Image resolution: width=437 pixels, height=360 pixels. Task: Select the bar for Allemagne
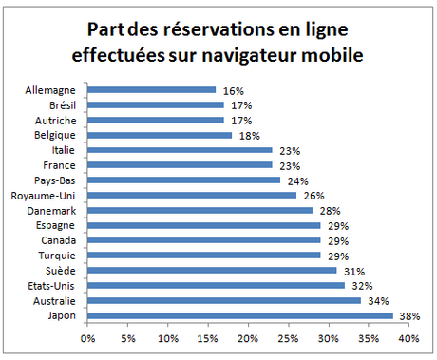(151, 90)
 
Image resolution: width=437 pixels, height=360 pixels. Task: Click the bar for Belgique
(160, 135)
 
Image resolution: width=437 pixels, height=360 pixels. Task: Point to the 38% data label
(408, 315)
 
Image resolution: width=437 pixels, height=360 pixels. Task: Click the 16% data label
(232, 90)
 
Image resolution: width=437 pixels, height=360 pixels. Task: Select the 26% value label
(312, 195)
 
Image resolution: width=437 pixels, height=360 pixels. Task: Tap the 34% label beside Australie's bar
(376, 300)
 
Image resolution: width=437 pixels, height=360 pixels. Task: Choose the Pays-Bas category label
(60, 180)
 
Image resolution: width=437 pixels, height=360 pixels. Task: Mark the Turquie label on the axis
(63, 255)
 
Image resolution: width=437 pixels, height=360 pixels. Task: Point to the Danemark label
(57, 210)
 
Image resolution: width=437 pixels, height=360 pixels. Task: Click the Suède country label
(66, 270)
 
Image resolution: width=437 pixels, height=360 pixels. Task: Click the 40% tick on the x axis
(408, 337)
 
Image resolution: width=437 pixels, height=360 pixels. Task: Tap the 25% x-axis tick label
(288, 337)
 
